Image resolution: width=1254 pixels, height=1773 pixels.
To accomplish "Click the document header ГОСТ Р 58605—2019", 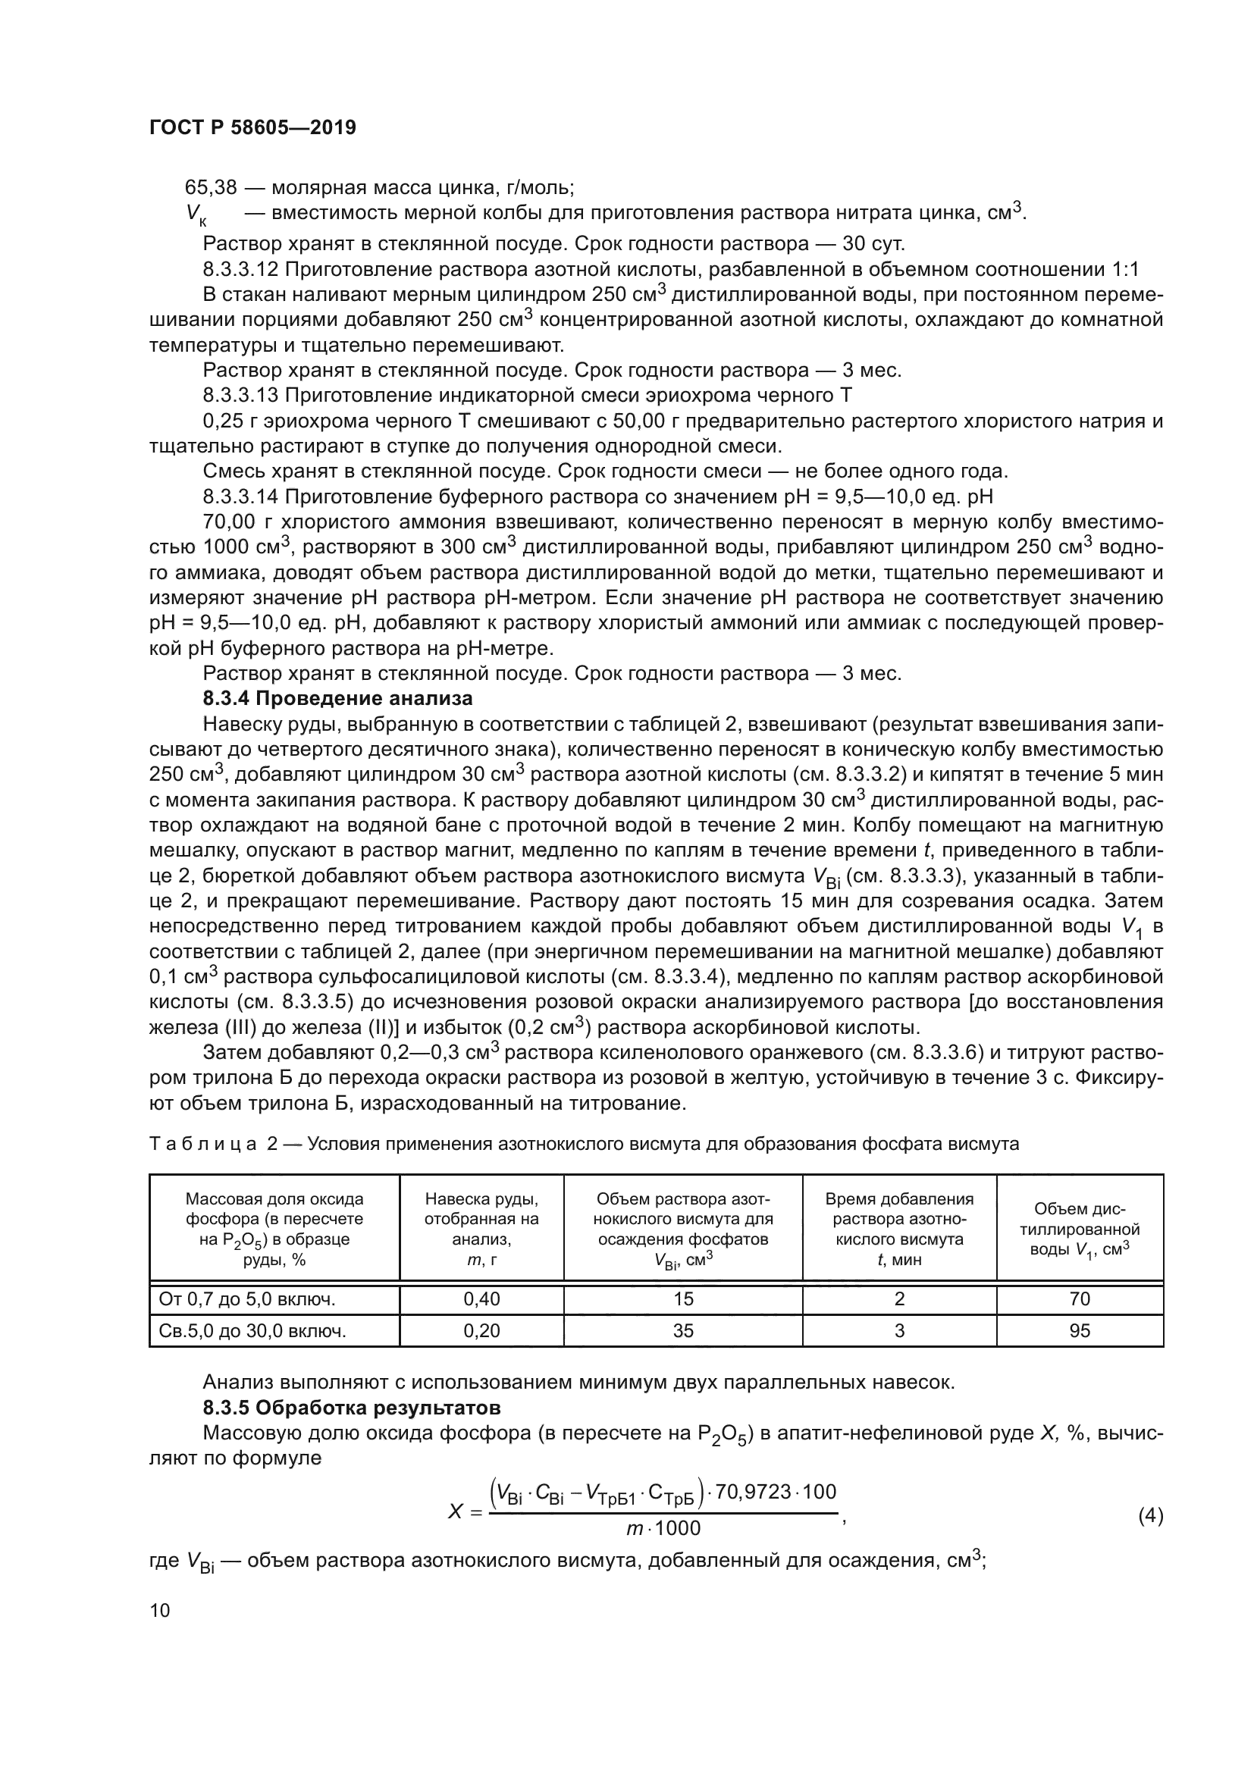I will (252, 128).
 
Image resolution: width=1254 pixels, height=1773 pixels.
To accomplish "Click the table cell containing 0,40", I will (481, 1299).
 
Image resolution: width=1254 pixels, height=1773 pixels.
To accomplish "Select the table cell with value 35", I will (682, 1330).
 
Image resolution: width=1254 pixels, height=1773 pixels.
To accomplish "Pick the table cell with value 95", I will (1080, 1330).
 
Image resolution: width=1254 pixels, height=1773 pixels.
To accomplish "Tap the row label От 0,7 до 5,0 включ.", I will (247, 1299).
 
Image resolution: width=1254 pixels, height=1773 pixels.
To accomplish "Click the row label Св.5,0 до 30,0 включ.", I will (252, 1330).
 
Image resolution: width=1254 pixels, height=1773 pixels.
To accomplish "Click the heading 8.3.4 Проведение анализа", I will (337, 699).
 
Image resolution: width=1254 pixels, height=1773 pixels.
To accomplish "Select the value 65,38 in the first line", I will (210, 188).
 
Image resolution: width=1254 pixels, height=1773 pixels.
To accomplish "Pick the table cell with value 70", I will (1080, 1299).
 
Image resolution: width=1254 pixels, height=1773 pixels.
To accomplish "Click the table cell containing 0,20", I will (481, 1330).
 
